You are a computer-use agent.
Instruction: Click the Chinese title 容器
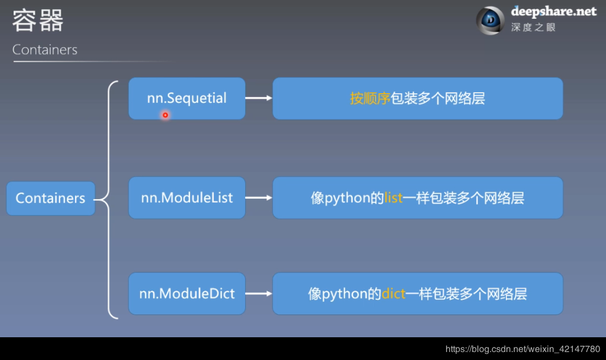tap(38, 21)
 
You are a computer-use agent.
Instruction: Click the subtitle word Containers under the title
tap(45, 49)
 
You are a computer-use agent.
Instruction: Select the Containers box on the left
tap(51, 198)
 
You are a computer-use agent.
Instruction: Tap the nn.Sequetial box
tap(187, 98)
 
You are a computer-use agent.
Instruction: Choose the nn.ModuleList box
tap(187, 198)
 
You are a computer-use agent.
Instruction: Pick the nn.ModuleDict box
tap(187, 293)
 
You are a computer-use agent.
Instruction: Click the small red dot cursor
tap(166, 115)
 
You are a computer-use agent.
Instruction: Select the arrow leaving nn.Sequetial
tap(259, 98)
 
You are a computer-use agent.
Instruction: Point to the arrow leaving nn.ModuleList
tap(259, 198)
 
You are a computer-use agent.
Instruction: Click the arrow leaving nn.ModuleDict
tap(259, 293)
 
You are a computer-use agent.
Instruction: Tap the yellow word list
tap(393, 198)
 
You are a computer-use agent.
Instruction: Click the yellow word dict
tap(393, 293)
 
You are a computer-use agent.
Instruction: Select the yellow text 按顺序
tap(370, 98)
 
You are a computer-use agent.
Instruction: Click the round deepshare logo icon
tap(490, 20)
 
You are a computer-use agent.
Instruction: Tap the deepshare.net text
tap(553, 11)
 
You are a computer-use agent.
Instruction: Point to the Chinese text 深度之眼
tap(533, 27)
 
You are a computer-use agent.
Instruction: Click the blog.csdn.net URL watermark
tap(522, 349)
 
